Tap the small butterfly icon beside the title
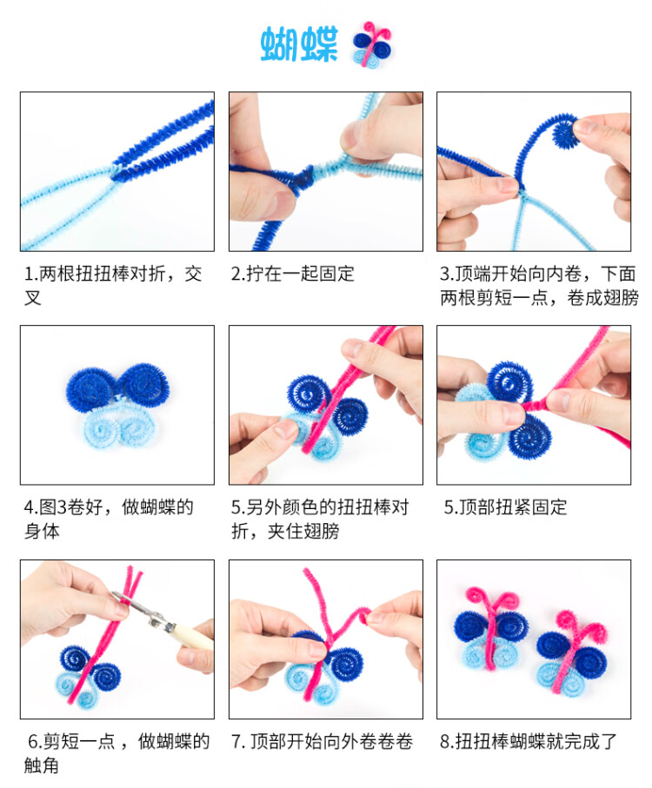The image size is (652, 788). [371, 44]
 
